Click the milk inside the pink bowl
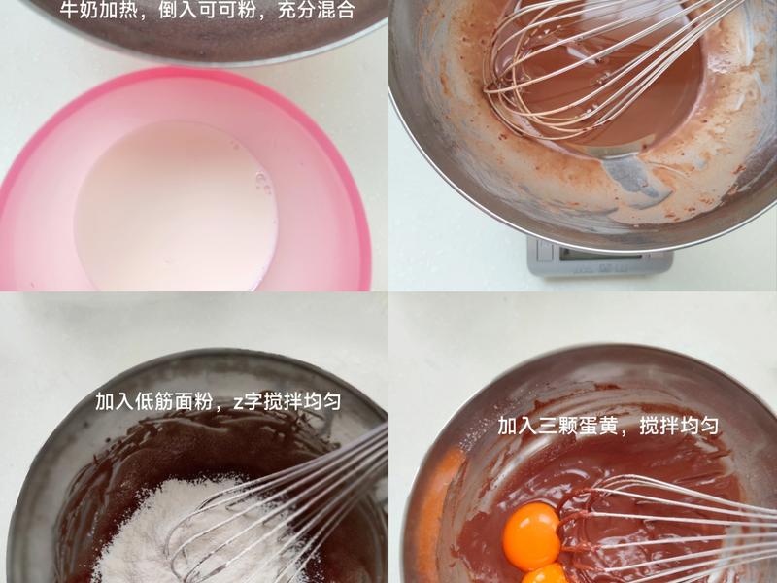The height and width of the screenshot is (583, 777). click(x=175, y=204)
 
